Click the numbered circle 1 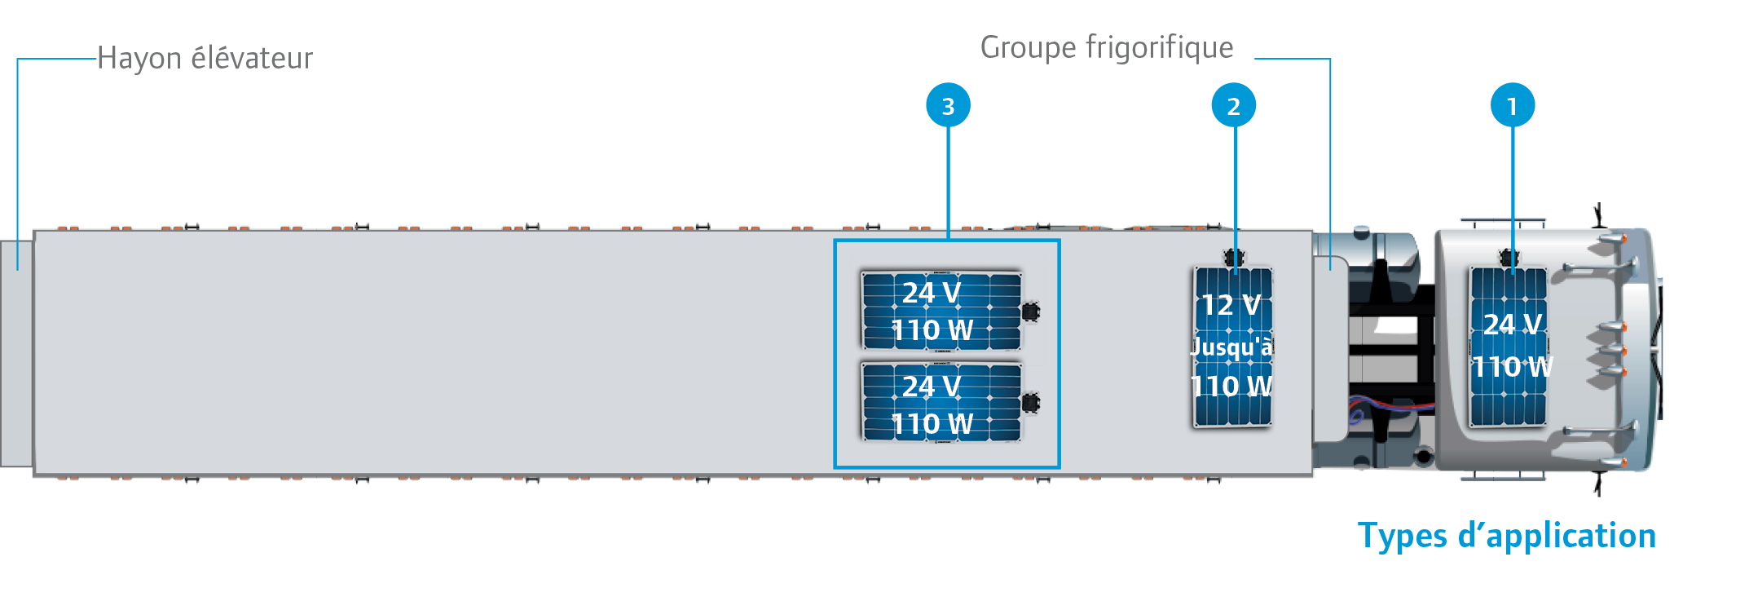coord(1513,105)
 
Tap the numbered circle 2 coord(1234,105)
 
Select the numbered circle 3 coord(948,105)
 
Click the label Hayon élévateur coord(205,59)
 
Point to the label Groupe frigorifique coord(1107,48)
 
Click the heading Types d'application coord(1507,537)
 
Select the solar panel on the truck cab coord(1508,347)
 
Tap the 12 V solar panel coord(1233,347)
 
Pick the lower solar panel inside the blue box coord(941,403)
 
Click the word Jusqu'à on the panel coord(1231,347)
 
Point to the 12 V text coord(1231,306)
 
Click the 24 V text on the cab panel coord(1513,325)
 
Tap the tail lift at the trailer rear coord(16,354)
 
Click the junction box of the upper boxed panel coord(1031,311)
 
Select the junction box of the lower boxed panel coord(1031,402)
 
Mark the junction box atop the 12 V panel coord(1234,259)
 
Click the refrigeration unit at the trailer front coord(1330,349)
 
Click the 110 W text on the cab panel coord(1513,367)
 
